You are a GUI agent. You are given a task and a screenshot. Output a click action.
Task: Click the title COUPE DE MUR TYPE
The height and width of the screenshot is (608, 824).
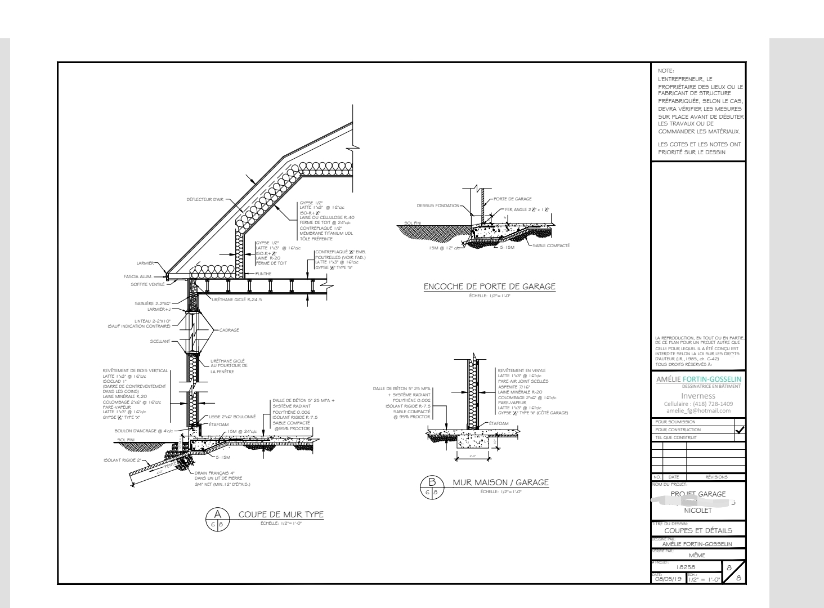(281, 515)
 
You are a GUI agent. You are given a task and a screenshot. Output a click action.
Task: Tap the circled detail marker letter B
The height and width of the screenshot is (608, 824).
(432, 481)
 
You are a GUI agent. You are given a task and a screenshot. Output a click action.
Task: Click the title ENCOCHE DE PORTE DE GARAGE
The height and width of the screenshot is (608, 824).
(489, 287)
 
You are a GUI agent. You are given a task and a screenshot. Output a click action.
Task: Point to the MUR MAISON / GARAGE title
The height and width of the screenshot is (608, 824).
(500, 482)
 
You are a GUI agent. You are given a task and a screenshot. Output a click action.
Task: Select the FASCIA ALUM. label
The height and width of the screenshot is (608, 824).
(137, 276)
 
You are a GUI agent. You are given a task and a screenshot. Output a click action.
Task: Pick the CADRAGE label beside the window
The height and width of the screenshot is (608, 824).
(229, 330)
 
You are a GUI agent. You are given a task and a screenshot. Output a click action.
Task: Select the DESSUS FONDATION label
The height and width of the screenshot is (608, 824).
(438, 205)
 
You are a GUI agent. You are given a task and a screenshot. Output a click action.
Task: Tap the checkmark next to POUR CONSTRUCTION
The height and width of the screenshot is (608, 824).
(740, 430)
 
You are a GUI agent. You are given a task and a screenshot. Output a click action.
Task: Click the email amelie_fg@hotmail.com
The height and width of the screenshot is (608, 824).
(698, 410)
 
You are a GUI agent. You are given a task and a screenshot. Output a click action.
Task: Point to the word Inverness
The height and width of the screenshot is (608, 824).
(698, 396)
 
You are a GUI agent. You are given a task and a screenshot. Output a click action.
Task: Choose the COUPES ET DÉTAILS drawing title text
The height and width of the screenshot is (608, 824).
(698, 530)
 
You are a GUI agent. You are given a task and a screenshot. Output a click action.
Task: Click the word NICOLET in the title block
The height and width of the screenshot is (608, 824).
(698, 511)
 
